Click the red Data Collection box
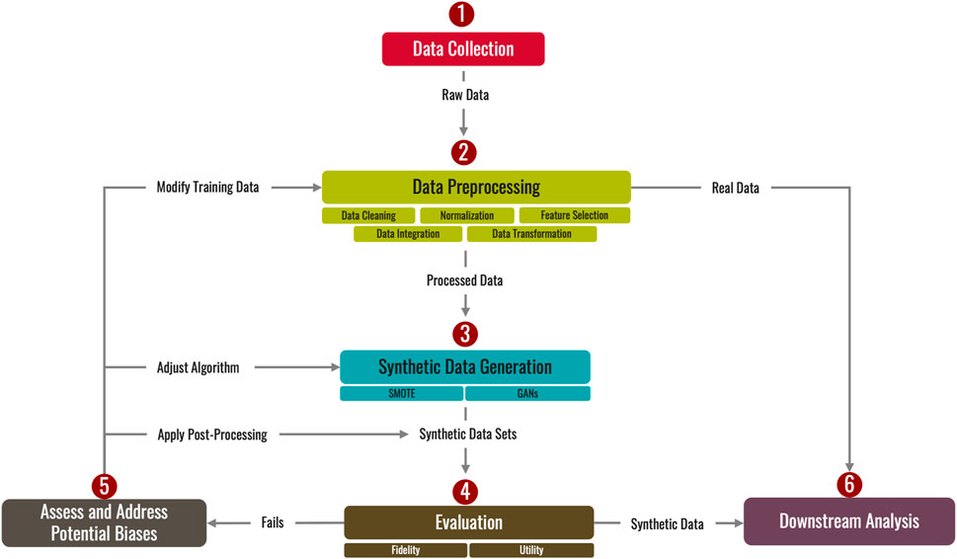pyautogui.click(x=463, y=49)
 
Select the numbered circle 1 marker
pyautogui.click(x=463, y=15)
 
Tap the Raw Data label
pyautogui.click(x=464, y=96)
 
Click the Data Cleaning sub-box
pyautogui.click(x=368, y=215)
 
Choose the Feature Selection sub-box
pyautogui.click(x=574, y=215)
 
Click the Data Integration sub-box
pyautogui.click(x=408, y=234)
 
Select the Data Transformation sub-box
pyautogui.click(x=531, y=234)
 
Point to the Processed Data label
pyautogui.click(x=464, y=280)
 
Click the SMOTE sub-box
pyautogui.click(x=401, y=393)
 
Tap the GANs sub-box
pyautogui.click(x=527, y=393)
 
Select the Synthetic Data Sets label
pyautogui.click(x=468, y=434)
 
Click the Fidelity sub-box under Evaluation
pyautogui.click(x=405, y=550)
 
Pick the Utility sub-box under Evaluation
pyautogui.click(x=531, y=550)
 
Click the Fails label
pyautogui.click(x=274, y=523)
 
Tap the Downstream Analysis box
pyautogui.click(x=849, y=520)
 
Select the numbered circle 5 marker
pyautogui.click(x=104, y=485)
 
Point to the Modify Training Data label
pyautogui.click(x=207, y=187)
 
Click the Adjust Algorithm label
pyautogui.click(x=199, y=367)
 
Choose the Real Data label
pyautogui.click(x=735, y=188)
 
